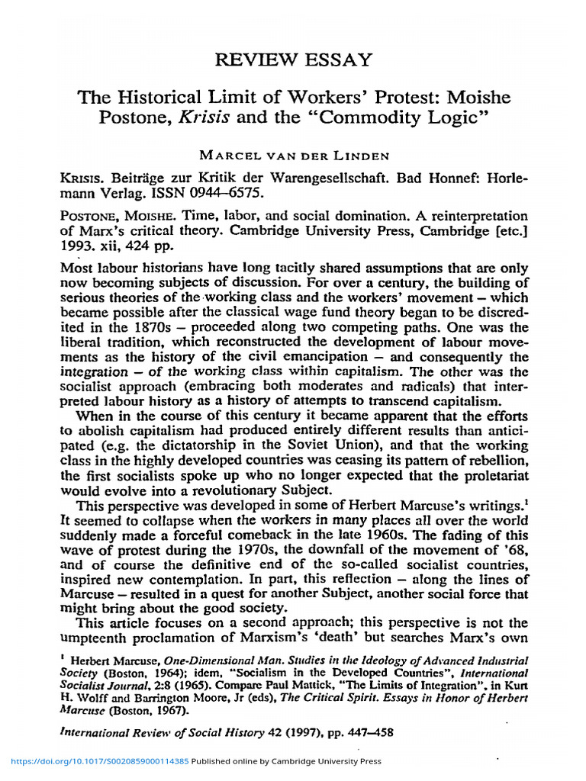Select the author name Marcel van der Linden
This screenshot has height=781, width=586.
click(x=295, y=156)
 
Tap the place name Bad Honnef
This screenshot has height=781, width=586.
click(x=439, y=177)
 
